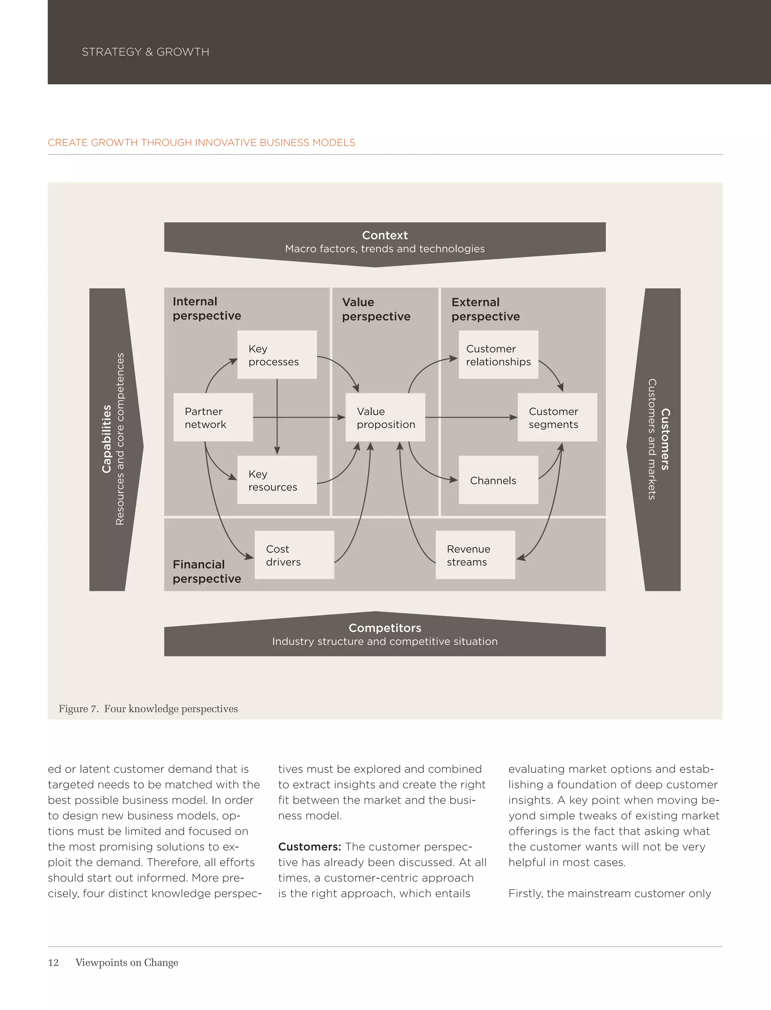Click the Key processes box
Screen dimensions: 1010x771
point(277,355)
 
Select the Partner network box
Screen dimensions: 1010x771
point(213,417)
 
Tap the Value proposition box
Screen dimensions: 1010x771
point(385,417)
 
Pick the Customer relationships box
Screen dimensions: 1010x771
point(498,355)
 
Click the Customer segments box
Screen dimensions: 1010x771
point(557,417)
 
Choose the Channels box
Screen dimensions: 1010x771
point(498,480)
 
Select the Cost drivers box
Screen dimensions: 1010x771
point(294,555)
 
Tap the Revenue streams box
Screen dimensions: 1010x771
point(475,555)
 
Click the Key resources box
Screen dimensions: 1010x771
point(277,480)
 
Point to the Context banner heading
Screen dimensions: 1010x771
point(385,235)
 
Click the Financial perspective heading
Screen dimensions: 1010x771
point(207,572)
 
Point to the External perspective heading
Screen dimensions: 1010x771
point(486,309)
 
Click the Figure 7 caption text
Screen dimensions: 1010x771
point(148,709)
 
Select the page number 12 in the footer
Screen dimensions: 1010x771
point(53,962)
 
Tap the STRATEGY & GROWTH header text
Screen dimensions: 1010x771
point(145,52)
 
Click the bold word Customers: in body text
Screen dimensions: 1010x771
point(309,847)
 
